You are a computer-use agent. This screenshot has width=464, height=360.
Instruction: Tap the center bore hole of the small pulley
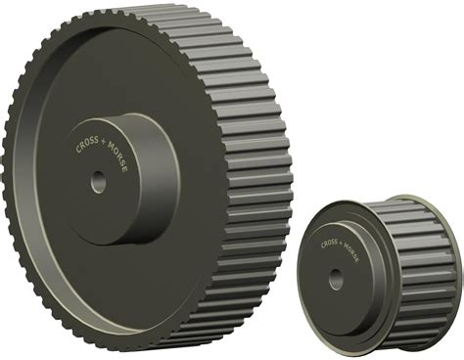point(336,278)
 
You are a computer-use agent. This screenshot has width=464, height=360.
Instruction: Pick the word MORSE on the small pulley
point(353,255)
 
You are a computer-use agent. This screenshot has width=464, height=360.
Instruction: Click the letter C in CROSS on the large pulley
point(77,149)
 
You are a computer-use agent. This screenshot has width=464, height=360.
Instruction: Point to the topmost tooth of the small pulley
point(396,202)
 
